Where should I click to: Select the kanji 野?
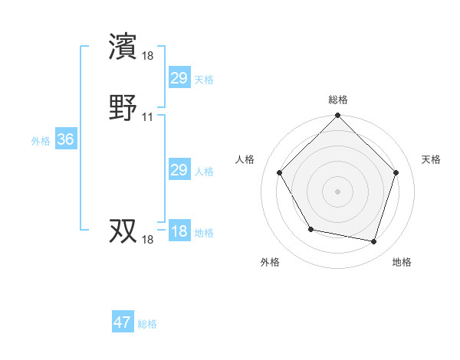[124, 107]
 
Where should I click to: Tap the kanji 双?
[124, 231]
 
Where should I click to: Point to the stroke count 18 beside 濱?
[148, 55]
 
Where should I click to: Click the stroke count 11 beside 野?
[148, 117]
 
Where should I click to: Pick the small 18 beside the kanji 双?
[148, 240]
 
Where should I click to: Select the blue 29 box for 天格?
[179, 78]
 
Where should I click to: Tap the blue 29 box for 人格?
[179, 170]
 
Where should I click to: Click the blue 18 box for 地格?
[179, 231]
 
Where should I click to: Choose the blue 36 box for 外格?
[65, 139]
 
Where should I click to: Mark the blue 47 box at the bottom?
[123, 322]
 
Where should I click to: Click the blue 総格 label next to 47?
[147, 324]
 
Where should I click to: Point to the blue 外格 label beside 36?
[41, 141]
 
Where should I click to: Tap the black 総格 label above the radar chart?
[338, 100]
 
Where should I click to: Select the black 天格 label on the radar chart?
[432, 159]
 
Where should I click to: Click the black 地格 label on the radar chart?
[402, 262]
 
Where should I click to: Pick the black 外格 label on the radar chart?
[270, 262]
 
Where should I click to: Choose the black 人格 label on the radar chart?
[245, 159]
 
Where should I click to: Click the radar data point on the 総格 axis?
[338, 116]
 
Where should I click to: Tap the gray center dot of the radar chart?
[338, 191]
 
